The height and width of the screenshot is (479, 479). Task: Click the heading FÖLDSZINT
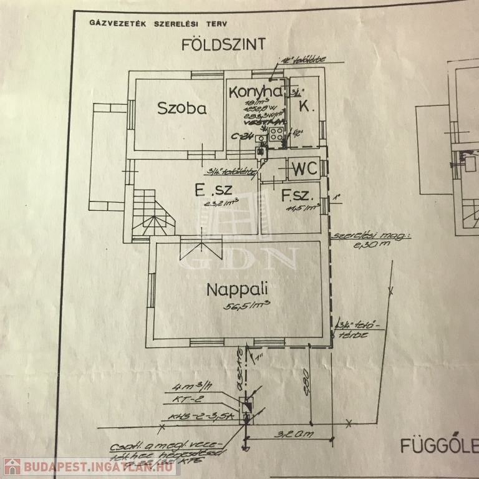(223, 44)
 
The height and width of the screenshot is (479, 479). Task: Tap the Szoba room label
(181, 108)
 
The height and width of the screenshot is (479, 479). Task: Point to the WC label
(304, 168)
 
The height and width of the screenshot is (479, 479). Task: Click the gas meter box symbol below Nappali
(246, 405)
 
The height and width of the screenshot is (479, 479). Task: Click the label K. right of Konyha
(305, 107)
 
